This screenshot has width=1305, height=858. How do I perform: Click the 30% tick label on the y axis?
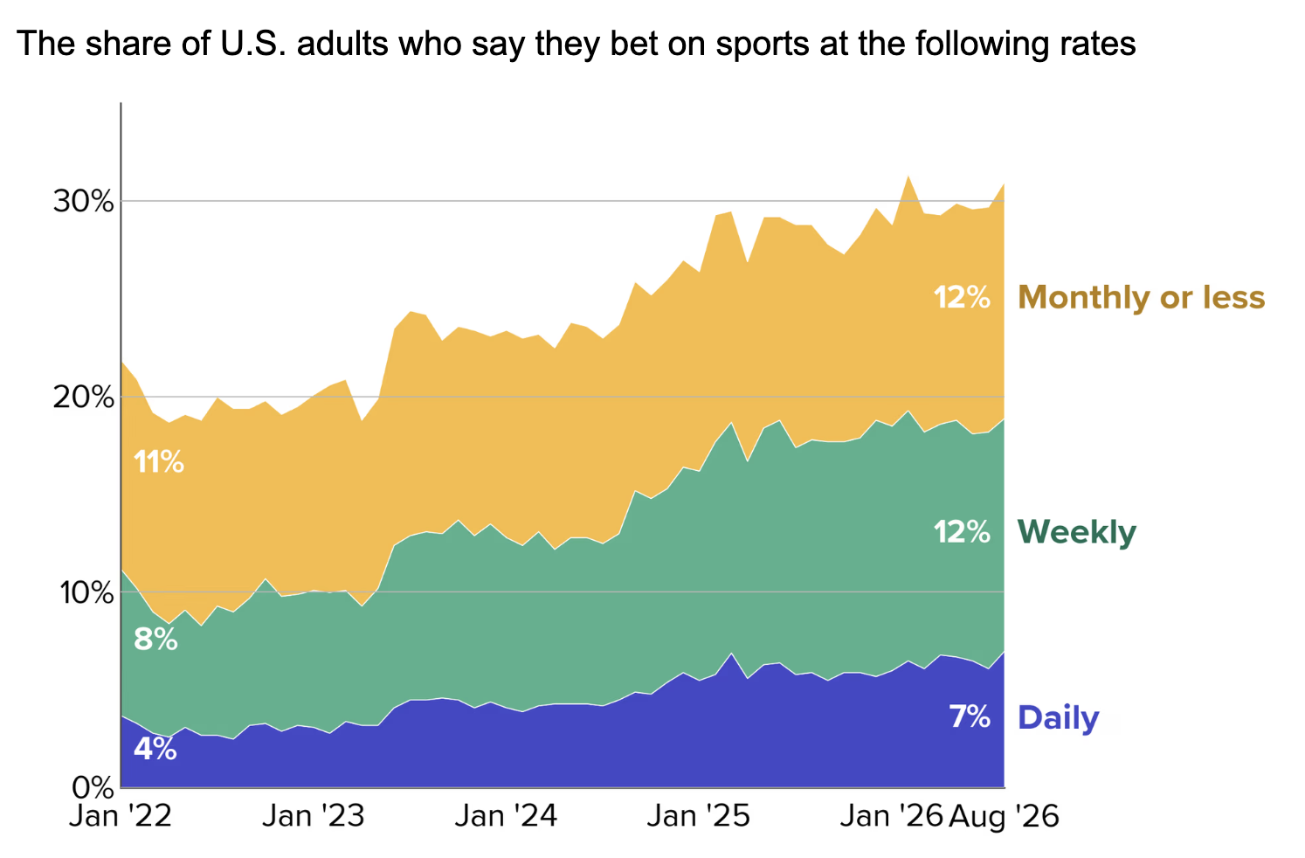[x=83, y=202]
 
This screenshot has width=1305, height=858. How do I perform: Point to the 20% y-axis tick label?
[x=83, y=398]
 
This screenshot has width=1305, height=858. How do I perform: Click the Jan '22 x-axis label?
[x=121, y=815]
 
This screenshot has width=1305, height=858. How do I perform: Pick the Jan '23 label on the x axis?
[x=314, y=815]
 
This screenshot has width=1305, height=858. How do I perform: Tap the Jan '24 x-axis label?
[x=506, y=815]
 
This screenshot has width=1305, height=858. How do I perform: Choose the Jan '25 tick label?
[x=699, y=815]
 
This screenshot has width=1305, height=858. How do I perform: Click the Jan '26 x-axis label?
[x=891, y=815]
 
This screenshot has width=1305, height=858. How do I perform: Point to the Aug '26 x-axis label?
[x=1004, y=816]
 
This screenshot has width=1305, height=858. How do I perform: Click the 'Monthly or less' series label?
[x=1142, y=297]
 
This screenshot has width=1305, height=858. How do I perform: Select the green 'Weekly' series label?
[x=1077, y=532]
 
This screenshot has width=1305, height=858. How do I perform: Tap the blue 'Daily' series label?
[x=1058, y=717]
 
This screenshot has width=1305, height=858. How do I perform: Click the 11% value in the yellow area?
[x=158, y=462]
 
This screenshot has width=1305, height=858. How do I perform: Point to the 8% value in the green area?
[x=155, y=640]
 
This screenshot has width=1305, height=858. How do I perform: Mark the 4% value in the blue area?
[x=155, y=749]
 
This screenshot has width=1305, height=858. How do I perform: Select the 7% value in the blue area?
[x=970, y=717]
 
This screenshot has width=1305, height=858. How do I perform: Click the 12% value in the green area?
[x=962, y=532]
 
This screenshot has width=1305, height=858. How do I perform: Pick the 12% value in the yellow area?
[x=962, y=297]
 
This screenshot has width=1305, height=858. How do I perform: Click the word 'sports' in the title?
[x=762, y=45]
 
